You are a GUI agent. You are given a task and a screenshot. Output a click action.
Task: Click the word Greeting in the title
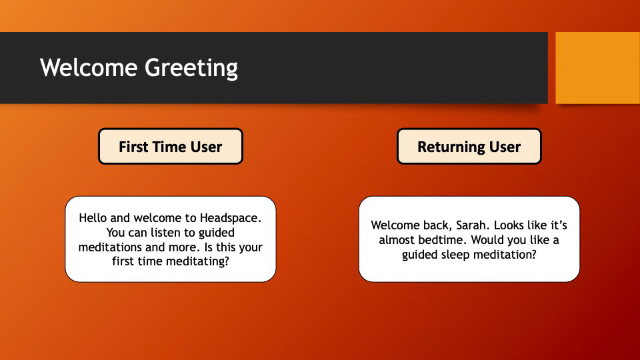[x=191, y=68]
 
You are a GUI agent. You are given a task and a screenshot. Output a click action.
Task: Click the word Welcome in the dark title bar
[x=89, y=67]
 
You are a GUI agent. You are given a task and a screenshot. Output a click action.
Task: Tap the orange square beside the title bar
[x=597, y=68]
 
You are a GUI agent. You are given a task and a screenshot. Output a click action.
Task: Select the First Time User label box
[x=171, y=147]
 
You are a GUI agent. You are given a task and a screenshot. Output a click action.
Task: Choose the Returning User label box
[x=469, y=147]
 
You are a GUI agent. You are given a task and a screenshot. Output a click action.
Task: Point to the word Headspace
[x=231, y=219]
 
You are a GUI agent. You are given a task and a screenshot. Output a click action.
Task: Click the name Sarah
[x=472, y=225]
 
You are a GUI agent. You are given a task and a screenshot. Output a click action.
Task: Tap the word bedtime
[x=444, y=240]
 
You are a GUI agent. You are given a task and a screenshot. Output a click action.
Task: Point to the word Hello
[x=93, y=218]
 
